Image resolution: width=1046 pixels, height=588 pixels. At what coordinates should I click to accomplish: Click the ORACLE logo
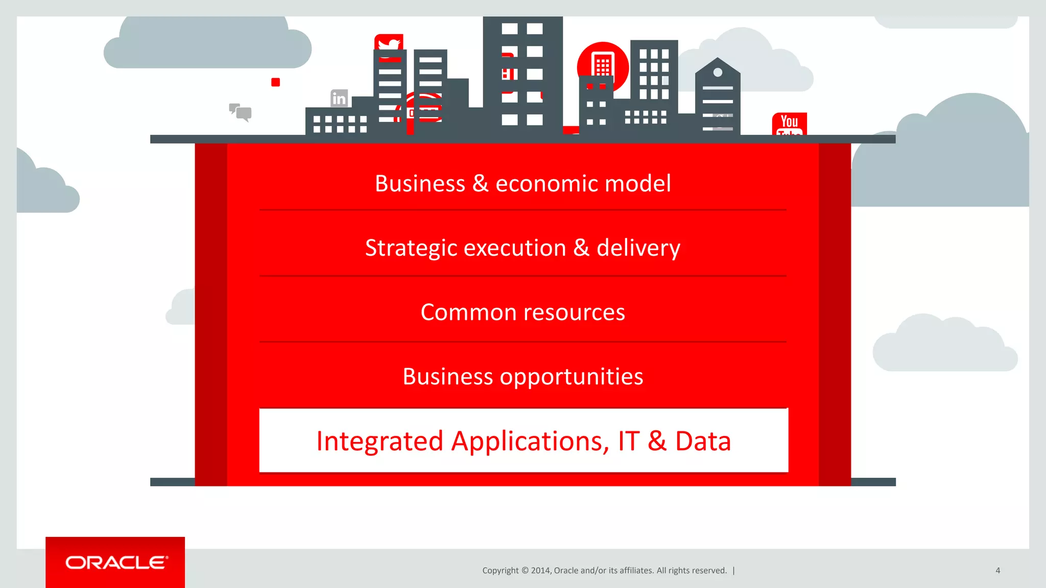pyautogui.click(x=116, y=562)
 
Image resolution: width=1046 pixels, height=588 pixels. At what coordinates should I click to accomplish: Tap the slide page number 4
pyautogui.click(x=997, y=571)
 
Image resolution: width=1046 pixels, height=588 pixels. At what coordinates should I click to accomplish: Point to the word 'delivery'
pyautogui.click(x=638, y=249)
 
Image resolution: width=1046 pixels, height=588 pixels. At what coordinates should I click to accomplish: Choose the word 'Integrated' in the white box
pyautogui.click(x=379, y=442)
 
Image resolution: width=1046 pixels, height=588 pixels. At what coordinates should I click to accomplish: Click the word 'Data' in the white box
pyautogui.click(x=703, y=442)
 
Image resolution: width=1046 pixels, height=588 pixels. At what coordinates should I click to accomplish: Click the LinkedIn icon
pyautogui.click(x=339, y=98)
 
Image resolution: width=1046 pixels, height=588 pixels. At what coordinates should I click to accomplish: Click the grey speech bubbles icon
pyautogui.click(x=240, y=112)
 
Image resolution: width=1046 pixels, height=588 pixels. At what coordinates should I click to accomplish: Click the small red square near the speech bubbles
pyautogui.click(x=275, y=82)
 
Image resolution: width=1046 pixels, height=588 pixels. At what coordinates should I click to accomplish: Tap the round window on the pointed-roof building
pyautogui.click(x=718, y=72)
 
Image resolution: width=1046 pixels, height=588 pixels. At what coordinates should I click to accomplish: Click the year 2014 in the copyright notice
pyautogui.click(x=540, y=571)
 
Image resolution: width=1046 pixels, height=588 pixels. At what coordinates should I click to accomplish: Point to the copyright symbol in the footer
pyautogui.click(x=525, y=571)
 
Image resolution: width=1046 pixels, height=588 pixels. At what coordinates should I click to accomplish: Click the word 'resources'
pyautogui.click(x=574, y=312)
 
